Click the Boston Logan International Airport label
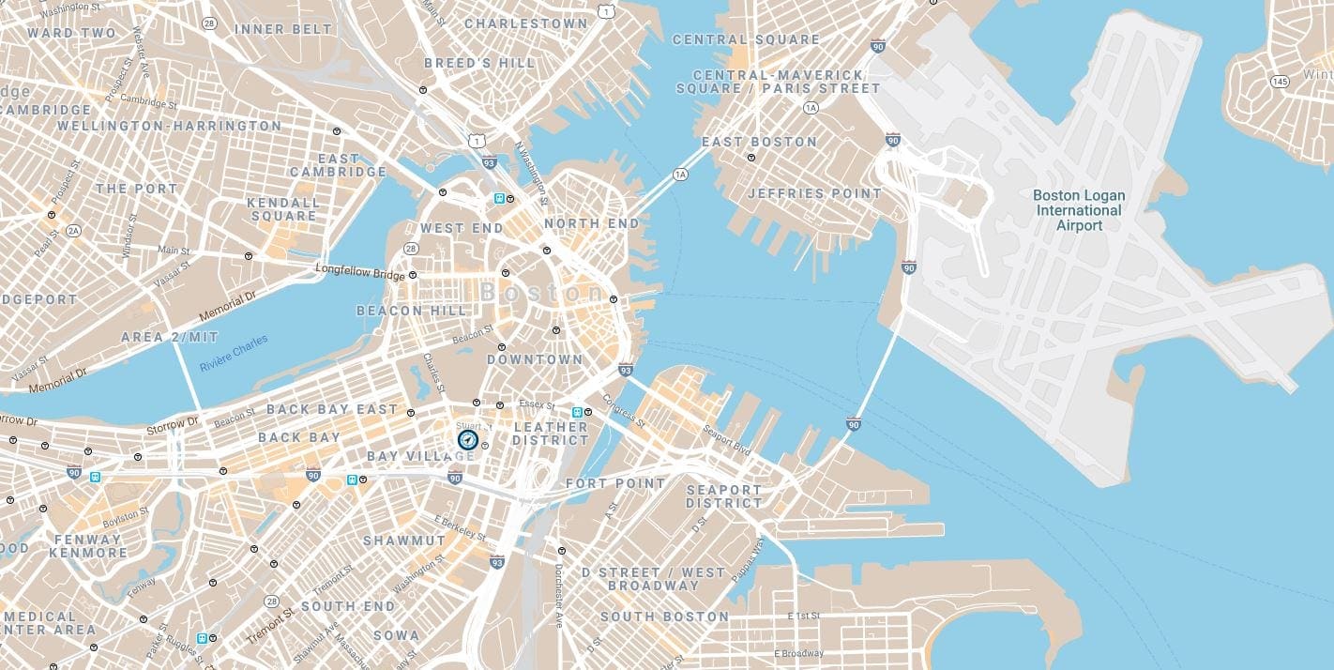(1078, 210)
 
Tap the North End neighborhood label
(591, 223)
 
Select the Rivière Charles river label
(234, 353)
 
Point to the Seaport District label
(723, 496)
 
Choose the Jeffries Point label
(814, 193)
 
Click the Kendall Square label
(282, 208)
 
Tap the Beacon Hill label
(411, 311)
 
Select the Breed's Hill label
(479, 63)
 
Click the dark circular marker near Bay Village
(467, 439)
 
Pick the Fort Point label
(614, 483)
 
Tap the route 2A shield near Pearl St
(73, 230)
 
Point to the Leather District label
(550, 434)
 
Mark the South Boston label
(664, 617)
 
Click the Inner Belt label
(283, 29)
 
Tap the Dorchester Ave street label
(557, 594)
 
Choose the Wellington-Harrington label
(169, 125)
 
